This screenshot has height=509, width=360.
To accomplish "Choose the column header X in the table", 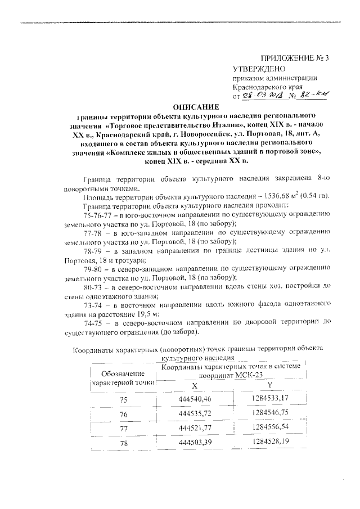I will point(194,386).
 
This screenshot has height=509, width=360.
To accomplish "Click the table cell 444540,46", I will point(194,399).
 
